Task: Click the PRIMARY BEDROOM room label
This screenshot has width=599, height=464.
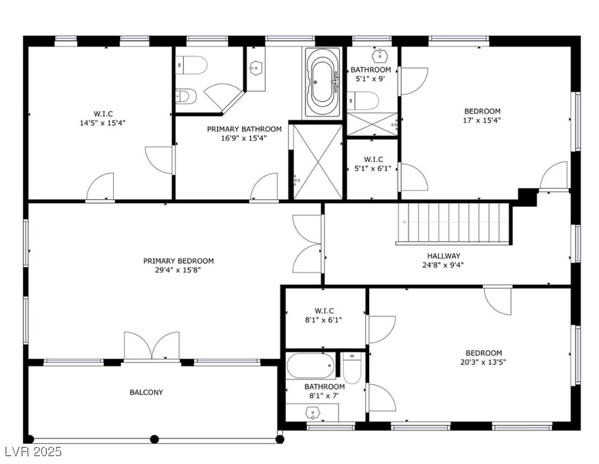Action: [178, 261]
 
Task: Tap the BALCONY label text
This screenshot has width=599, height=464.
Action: [146, 392]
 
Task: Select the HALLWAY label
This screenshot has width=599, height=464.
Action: [443, 256]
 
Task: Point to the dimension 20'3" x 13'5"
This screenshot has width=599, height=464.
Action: [484, 362]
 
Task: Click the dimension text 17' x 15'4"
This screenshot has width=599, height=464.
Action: [482, 120]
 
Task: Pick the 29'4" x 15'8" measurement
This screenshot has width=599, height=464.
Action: [178, 270]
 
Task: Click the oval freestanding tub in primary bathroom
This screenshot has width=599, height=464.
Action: [323, 81]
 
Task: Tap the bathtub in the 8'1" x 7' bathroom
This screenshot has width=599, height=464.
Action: [311, 365]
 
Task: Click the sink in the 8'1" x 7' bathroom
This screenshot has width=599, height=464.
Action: [312, 412]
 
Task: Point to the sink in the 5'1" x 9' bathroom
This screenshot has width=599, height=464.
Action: [380, 57]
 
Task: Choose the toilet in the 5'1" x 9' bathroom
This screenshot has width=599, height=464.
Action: [364, 101]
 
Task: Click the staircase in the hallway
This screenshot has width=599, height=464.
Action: [454, 223]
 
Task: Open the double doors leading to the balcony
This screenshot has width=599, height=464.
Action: [152, 347]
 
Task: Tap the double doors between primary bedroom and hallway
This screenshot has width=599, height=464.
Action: [308, 244]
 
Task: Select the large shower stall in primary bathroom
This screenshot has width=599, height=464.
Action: [318, 161]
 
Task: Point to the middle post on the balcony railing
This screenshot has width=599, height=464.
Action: [154, 439]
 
